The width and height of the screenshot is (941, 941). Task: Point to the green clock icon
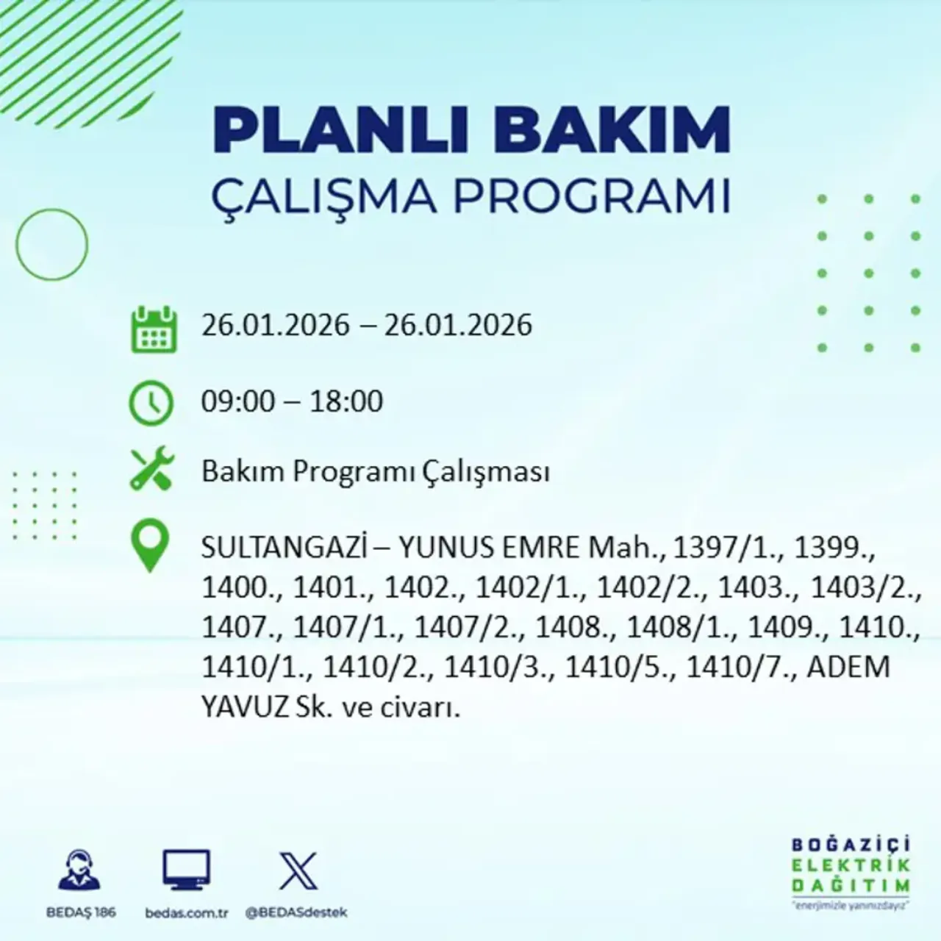coord(151,403)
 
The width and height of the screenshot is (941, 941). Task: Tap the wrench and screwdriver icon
coord(151,470)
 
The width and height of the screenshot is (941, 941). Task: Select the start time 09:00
coord(235,401)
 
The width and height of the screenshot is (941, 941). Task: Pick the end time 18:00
coord(346,401)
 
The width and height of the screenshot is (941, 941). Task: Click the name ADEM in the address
coord(848,667)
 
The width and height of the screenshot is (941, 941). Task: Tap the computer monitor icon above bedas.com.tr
coord(186,870)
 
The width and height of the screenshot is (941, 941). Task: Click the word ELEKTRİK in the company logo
coord(851,865)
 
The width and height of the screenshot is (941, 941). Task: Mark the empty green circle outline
coord(51,244)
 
